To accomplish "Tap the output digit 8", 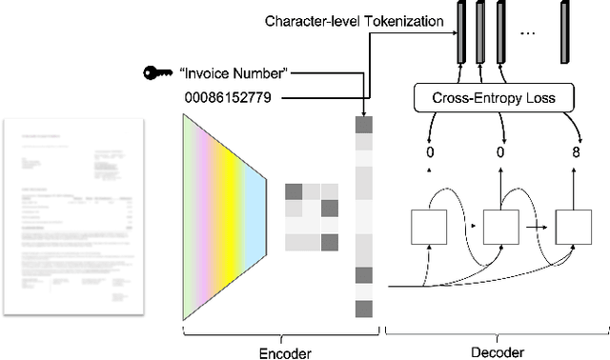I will [x=576, y=152].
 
